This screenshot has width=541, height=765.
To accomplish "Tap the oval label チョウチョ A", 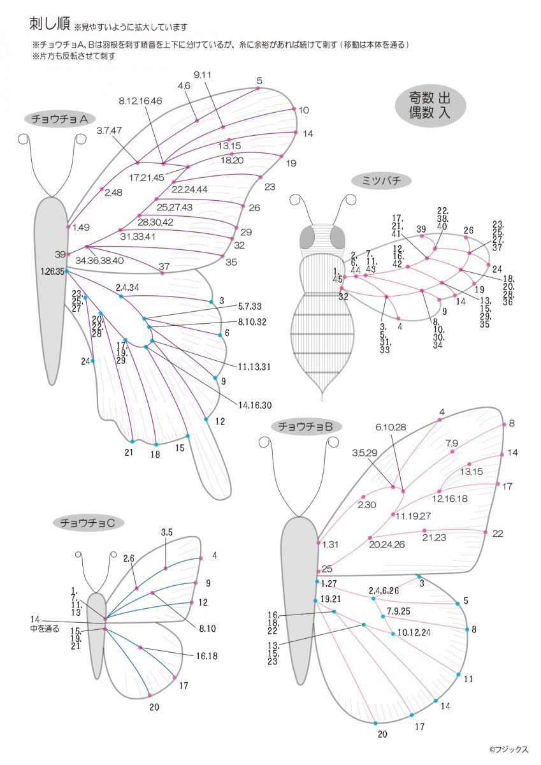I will pyautogui.click(x=59, y=118).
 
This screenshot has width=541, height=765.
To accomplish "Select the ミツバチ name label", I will pyautogui.click(x=381, y=181).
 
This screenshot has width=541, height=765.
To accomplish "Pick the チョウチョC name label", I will pyautogui.click(x=87, y=523).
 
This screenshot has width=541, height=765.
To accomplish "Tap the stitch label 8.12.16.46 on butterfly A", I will pyautogui.click(x=140, y=101).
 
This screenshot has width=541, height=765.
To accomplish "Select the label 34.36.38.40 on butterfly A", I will pyautogui.click(x=99, y=260).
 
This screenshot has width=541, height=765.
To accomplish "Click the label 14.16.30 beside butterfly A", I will pyautogui.click(x=255, y=405).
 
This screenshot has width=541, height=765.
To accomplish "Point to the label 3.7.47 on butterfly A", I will pyautogui.click(x=110, y=131).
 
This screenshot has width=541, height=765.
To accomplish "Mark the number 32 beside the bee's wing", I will pyautogui.click(x=343, y=296).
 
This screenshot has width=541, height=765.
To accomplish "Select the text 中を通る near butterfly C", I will pyautogui.click(x=45, y=629).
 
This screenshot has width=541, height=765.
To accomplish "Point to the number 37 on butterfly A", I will pyautogui.click(x=164, y=266).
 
